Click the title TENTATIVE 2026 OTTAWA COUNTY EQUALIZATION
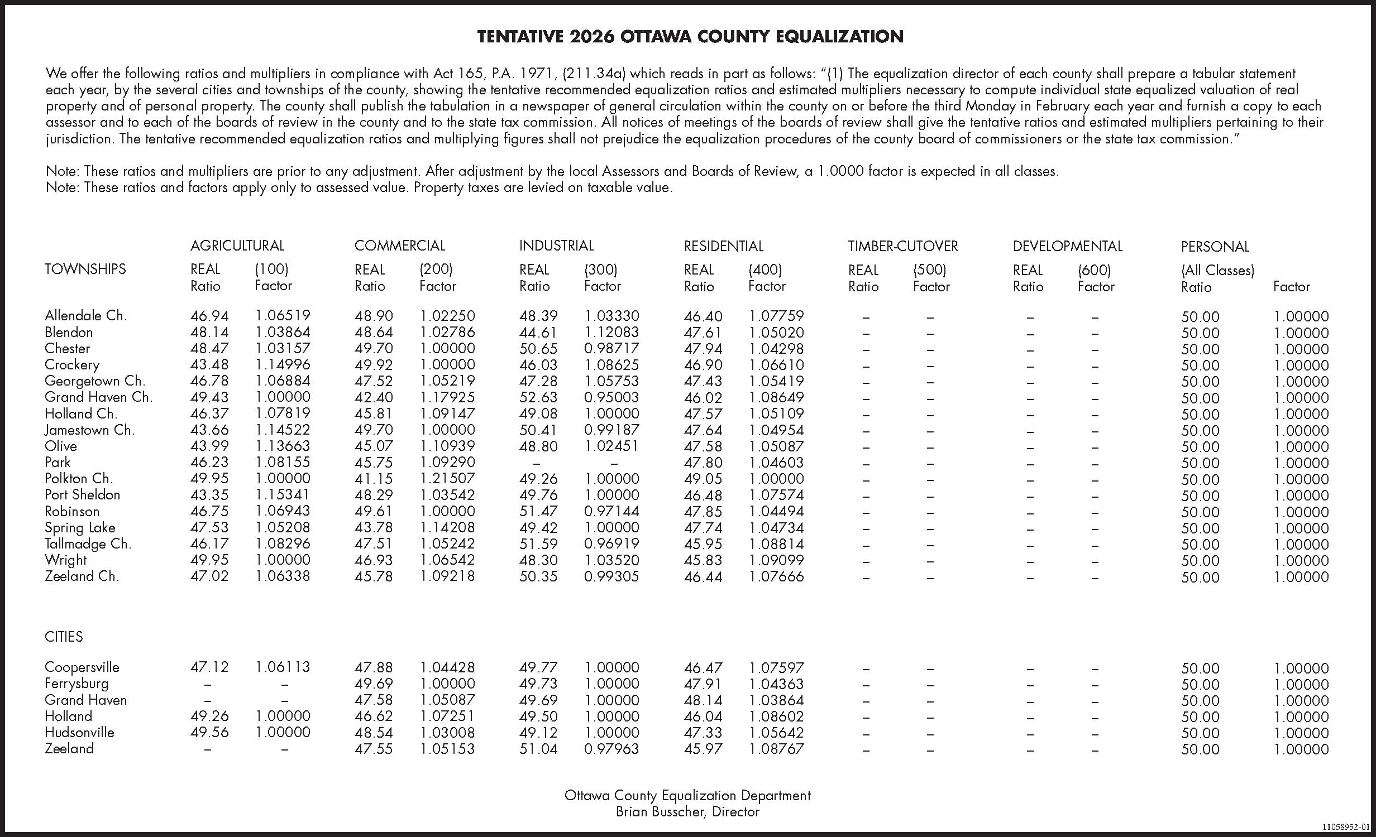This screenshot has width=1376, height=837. click(690, 37)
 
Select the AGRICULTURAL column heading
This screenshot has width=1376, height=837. click(237, 246)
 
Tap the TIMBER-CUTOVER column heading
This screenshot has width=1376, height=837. click(902, 246)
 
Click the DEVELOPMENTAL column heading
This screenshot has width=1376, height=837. click(1067, 246)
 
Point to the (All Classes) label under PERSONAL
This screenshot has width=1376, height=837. click(1217, 270)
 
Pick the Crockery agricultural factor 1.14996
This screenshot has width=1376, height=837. click(283, 364)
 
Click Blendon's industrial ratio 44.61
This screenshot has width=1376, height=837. click(538, 332)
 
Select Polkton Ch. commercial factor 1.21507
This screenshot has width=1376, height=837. click(447, 478)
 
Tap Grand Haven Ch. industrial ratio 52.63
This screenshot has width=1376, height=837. click(538, 397)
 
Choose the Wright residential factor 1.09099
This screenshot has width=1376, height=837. click(776, 560)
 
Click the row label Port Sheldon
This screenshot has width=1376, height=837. click(82, 494)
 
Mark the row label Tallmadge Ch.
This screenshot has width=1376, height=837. click(88, 543)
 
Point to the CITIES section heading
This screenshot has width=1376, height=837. click(64, 637)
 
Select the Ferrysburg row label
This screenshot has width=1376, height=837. click(77, 683)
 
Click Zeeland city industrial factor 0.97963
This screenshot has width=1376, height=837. click(611, 748)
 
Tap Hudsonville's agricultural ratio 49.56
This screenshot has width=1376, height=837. click(209, 732)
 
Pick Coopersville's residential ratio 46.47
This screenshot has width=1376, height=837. click(703, 667)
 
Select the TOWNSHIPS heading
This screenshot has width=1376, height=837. click(85, 269)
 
